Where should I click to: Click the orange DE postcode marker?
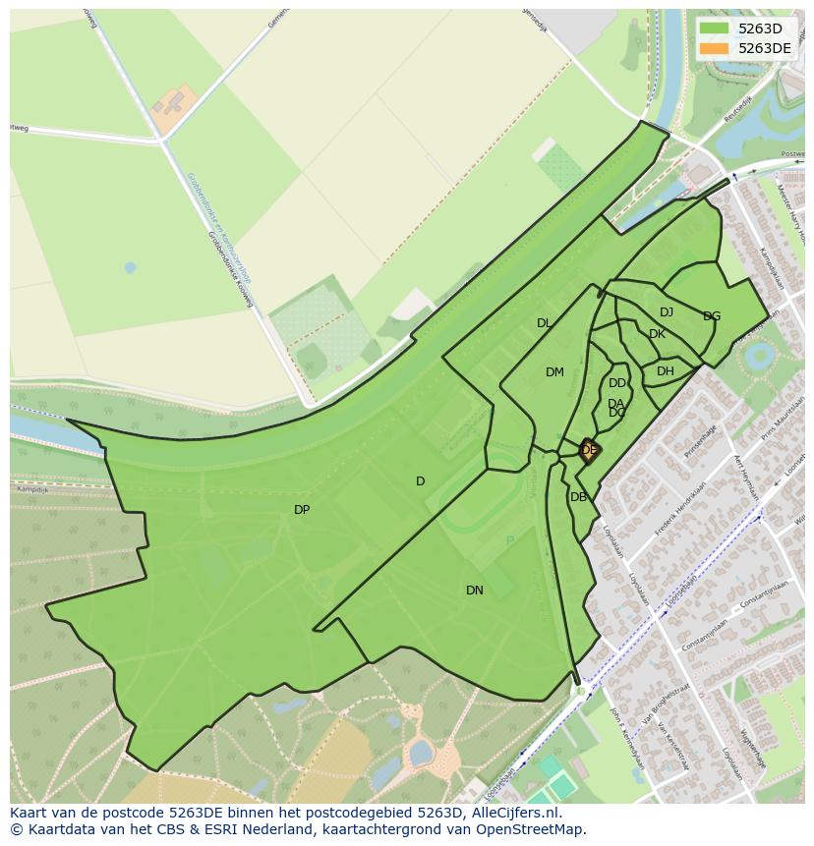(589, 451)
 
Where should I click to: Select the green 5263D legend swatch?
(714, 28)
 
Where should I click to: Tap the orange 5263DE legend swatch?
(714, 48)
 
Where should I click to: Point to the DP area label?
(302, 510)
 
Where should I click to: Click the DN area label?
(475, 591)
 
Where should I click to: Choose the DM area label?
(554, 372)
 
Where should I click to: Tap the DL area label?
(544, 323)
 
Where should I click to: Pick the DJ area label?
(667, 312)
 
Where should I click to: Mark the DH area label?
(666, 371)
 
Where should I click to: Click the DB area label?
(578, 497)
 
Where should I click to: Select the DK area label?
(657, 334)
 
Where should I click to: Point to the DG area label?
(712, 316)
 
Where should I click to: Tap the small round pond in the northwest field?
(130, 267)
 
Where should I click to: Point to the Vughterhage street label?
(752, 750)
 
